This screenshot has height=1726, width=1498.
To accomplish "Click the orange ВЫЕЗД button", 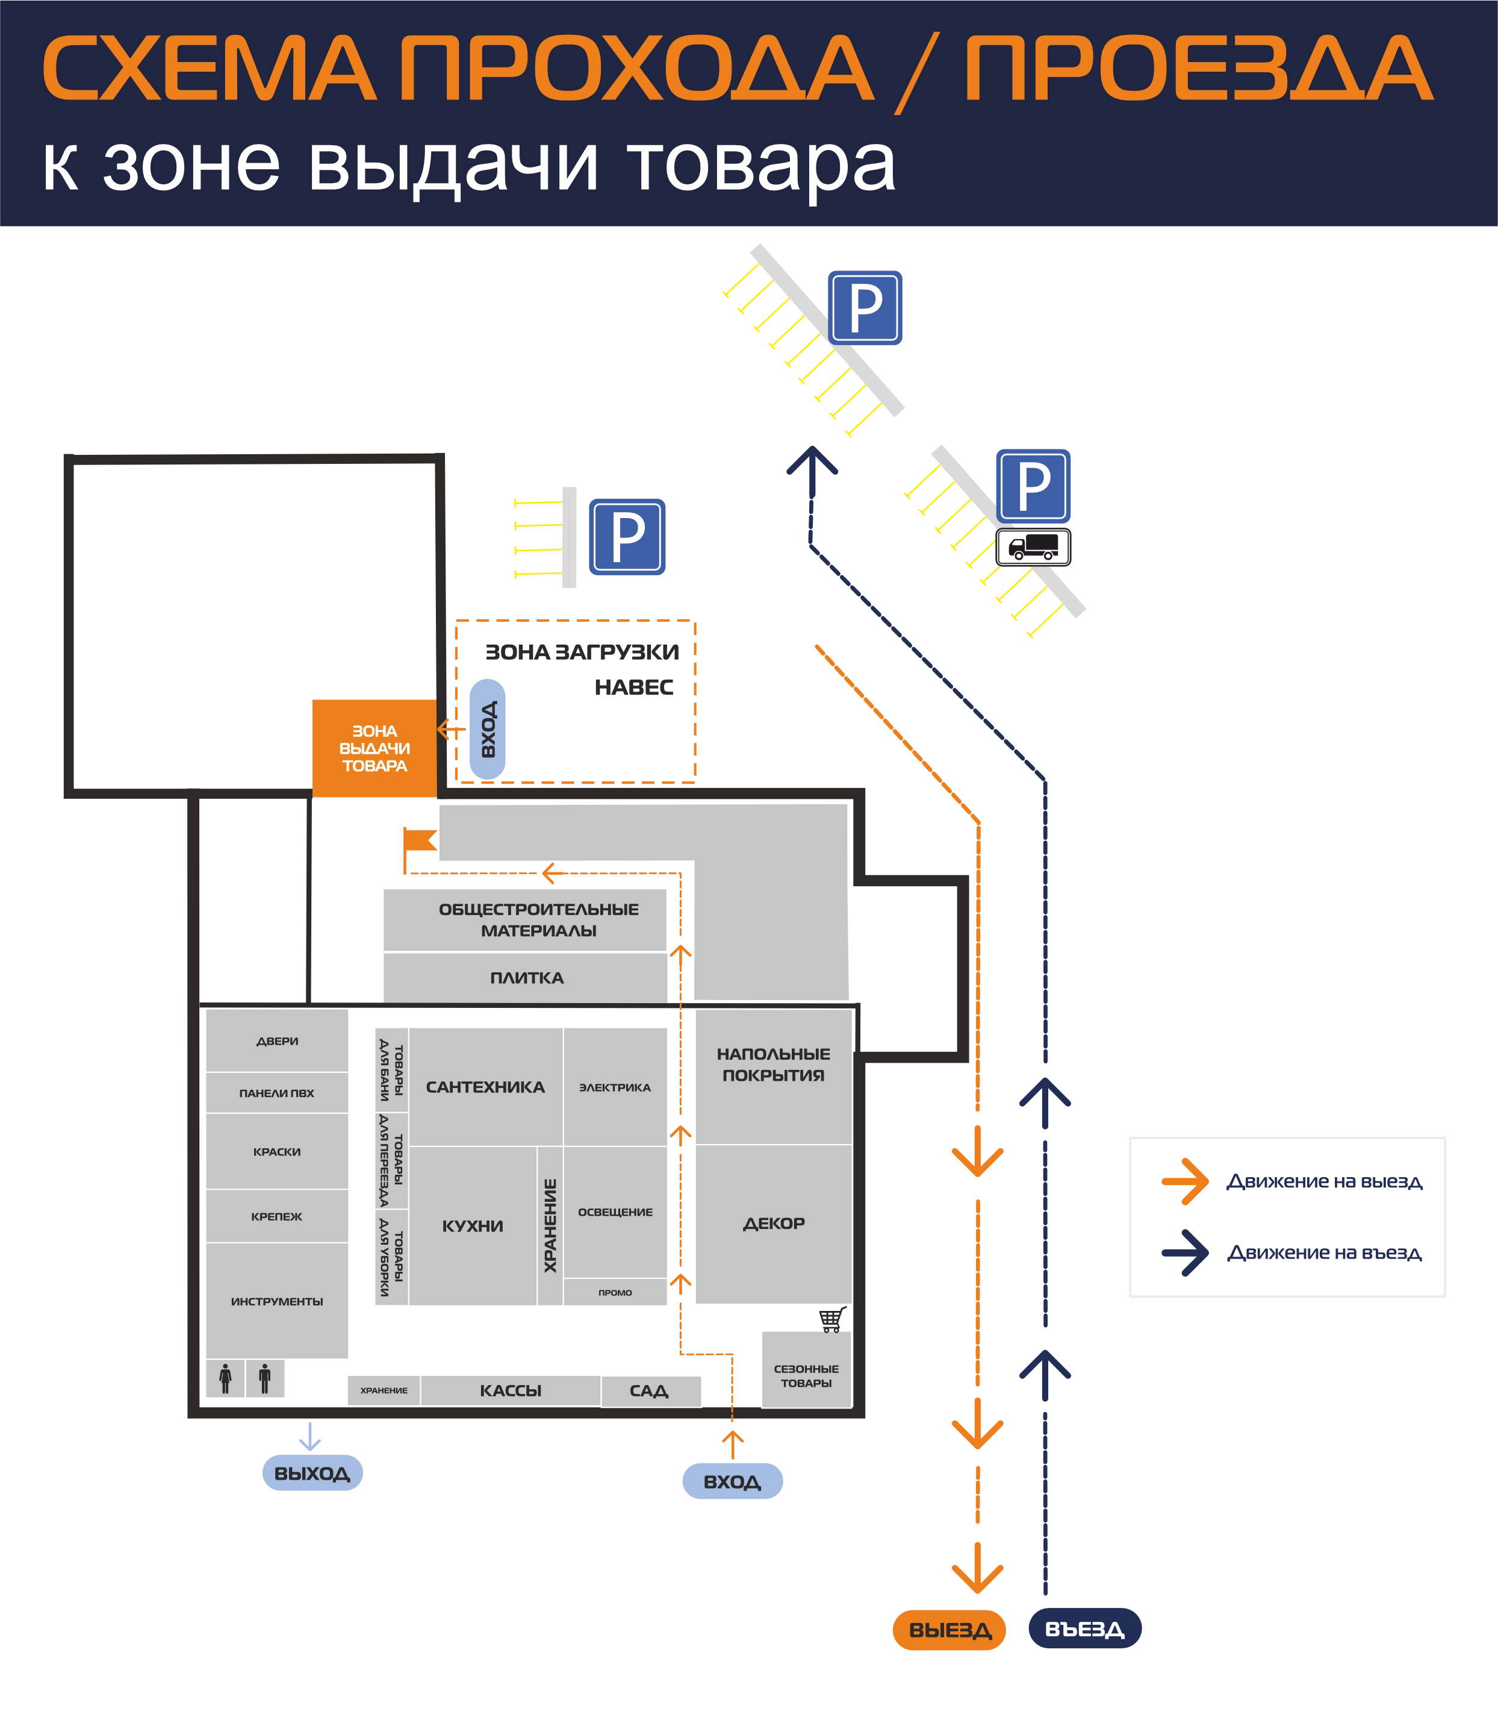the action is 949,1630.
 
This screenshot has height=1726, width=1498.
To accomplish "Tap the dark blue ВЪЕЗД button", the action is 1085,1628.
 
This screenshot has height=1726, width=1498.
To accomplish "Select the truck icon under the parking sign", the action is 1033,547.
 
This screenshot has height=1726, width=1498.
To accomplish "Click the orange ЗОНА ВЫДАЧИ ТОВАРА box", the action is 374,748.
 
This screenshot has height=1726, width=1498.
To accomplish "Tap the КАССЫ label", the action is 511,1390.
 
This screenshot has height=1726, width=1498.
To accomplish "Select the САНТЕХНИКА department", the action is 486,1087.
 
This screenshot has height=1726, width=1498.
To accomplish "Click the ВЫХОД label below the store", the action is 312,1472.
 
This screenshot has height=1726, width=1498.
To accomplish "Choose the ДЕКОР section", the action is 774,1224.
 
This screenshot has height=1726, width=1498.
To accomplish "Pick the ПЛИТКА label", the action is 527,978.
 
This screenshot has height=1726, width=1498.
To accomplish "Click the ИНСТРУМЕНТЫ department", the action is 277,1301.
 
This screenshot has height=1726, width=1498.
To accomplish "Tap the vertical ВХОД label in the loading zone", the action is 488,729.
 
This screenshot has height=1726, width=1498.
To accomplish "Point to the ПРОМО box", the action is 615,1292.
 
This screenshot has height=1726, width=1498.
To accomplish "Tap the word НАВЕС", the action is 633,687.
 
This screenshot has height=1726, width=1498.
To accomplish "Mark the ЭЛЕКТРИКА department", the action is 615,1087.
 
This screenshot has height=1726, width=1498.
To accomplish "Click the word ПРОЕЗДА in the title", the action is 1198,69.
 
